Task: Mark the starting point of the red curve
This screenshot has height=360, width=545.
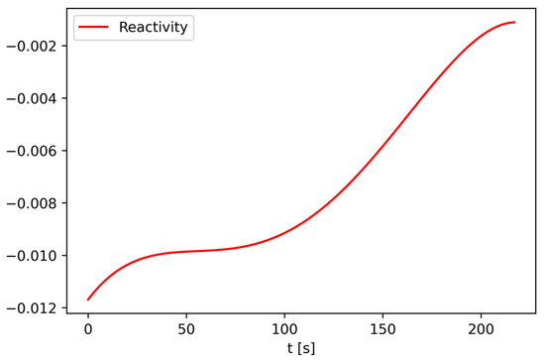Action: pos(88,300)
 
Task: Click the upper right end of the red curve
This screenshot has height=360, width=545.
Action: pos(514,22)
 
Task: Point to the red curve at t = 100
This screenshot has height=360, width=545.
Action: pos(284,233)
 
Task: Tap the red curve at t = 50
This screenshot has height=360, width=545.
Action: pos(186,251)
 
